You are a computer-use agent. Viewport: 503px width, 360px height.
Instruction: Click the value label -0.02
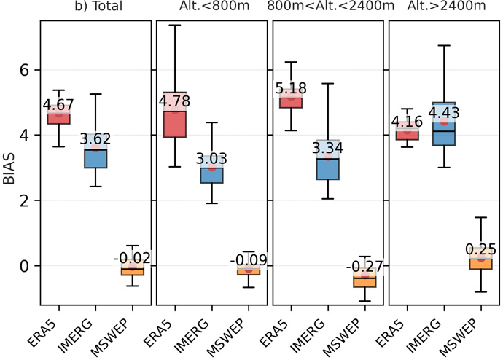coord(132,257)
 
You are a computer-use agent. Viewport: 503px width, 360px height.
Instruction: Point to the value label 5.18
coord(292,90)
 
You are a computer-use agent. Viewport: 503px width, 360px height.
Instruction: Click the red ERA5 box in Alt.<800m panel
coord(175,124)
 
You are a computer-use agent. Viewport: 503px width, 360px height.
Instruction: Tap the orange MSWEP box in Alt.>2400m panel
coord(480,264)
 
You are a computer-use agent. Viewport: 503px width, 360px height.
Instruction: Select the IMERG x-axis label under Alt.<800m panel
coord(200,335)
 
